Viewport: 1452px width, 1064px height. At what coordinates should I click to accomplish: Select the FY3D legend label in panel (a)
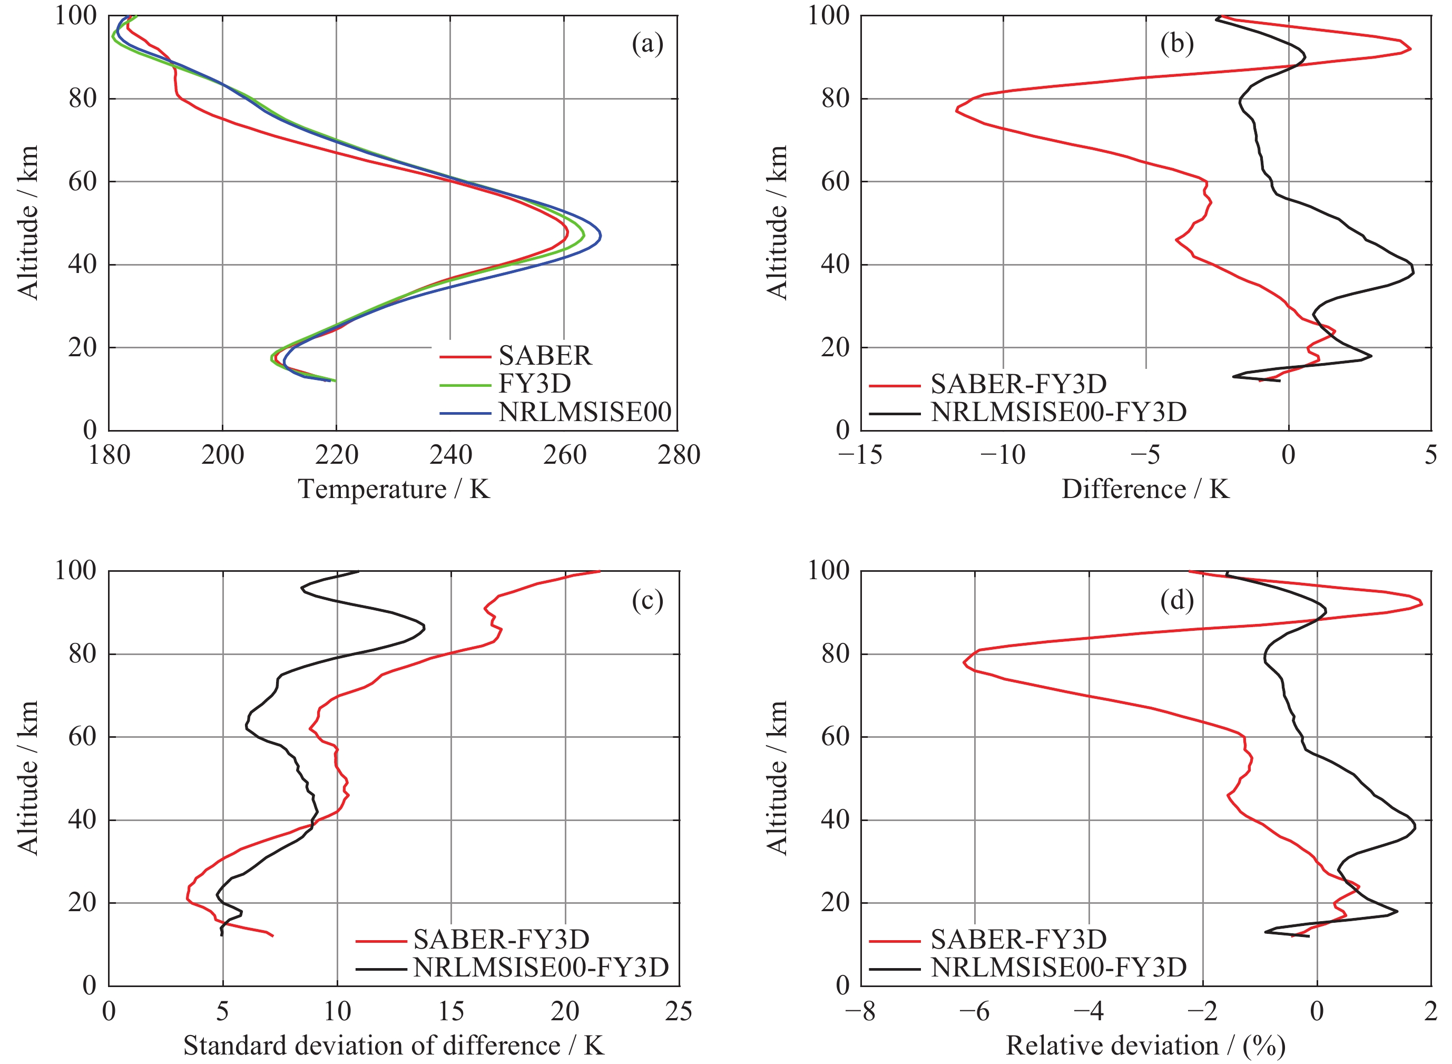coord(534,384)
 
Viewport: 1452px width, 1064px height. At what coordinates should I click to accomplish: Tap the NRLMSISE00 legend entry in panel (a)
coord(585,412)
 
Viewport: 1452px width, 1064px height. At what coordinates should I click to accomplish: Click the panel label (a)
coord(647,44)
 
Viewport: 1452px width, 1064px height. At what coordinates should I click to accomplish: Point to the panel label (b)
coord(1176,44)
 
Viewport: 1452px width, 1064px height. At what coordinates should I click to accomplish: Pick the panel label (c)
coord(647,600)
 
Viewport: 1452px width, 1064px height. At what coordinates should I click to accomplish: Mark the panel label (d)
coord(1176,600)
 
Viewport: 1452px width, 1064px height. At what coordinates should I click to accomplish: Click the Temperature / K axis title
coord(394,490)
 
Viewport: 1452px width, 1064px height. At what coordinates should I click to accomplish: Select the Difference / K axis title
coord(1145,490)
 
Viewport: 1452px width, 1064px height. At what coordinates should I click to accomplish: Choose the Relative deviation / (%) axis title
coord(1145,1046)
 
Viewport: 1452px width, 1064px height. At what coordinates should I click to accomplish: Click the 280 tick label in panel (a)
coord(678,456)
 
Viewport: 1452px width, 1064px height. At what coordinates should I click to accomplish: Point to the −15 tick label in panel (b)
coord(860,456)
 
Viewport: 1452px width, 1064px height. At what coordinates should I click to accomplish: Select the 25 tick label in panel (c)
coord(678,1012)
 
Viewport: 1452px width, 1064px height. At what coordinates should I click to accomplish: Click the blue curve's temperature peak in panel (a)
coord(600,237)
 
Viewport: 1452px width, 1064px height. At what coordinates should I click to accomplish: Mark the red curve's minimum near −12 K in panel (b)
coord(957,111)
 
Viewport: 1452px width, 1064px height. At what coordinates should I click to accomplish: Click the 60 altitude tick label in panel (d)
coord(835,737)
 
